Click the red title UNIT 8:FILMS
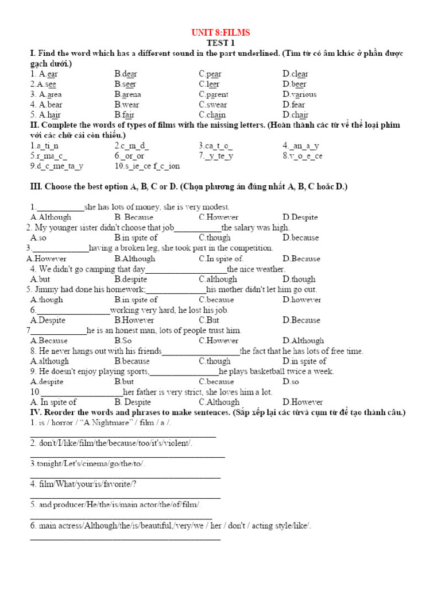(220, 33)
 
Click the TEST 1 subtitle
(220, 43)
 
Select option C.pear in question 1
(210, 74)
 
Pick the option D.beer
(295, 84)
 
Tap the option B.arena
(127, 94)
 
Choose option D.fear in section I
(294, 105)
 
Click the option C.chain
(212, 115)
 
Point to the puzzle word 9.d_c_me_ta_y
(57, 166)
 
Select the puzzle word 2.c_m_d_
(131, 146)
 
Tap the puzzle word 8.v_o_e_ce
(302, 156)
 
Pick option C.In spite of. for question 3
(221, 259)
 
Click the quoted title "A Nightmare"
(107, 423)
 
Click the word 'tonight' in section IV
(48, 464)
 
